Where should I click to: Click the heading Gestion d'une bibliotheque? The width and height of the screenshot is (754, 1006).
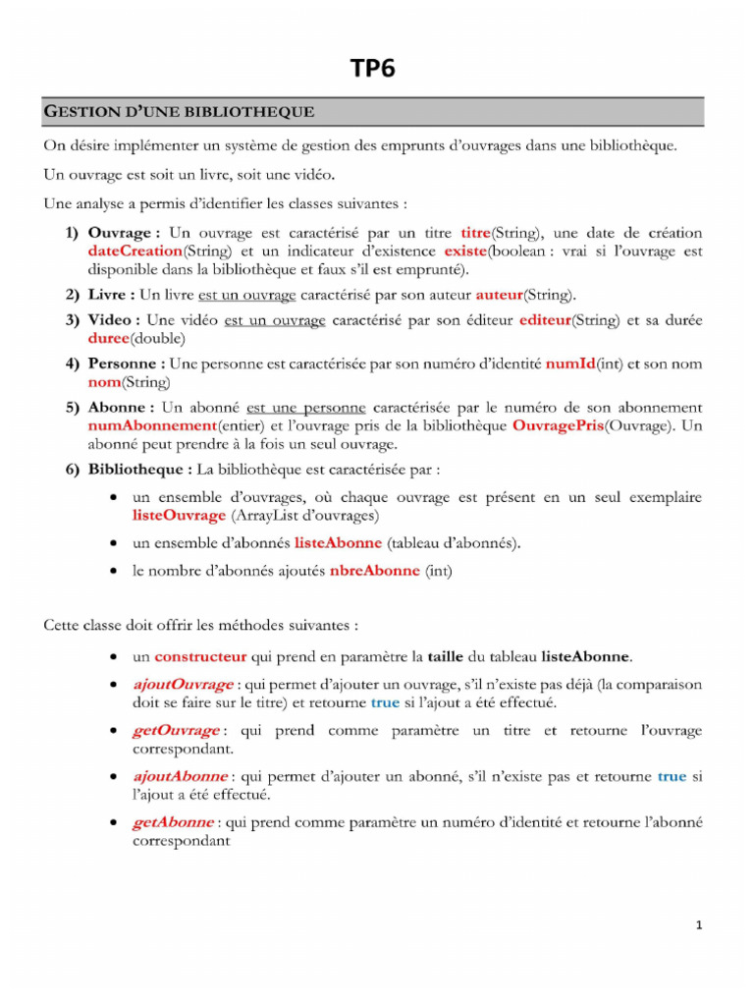[x=179, y=112]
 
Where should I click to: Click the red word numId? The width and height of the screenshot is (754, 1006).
[x=569, y=364]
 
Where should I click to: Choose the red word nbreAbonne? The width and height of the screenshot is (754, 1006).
[x=374, y=570]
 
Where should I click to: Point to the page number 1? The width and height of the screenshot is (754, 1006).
[x=698, y=924]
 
